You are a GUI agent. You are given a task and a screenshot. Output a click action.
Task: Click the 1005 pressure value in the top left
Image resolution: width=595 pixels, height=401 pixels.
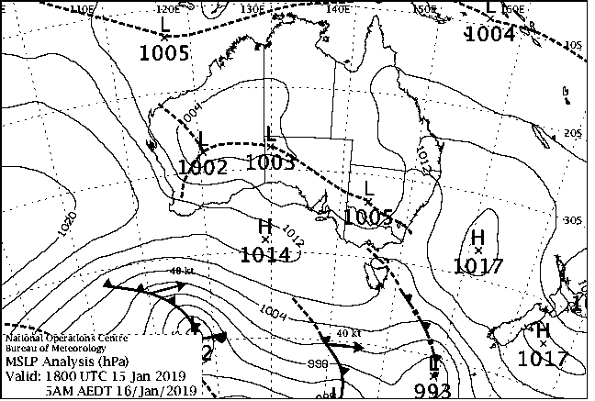pyautogui.click(x=164, y=52)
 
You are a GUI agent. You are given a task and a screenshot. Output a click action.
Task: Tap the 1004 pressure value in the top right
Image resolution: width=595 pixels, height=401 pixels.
pyautogui.click(x=489, y=35)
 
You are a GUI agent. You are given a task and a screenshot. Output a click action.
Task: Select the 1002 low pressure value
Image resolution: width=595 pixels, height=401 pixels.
pyautogui.click(x=202, y=167)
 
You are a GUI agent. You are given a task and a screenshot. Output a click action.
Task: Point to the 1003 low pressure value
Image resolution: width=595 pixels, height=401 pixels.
pyautogui.click(x=271, y=163)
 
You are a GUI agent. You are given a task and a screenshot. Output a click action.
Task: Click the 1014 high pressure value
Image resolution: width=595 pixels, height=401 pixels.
pyautogui.click(x=266, y=254)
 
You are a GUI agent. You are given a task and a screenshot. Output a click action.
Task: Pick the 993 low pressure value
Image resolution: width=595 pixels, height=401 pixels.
pyautogui.click(x=432, y=391)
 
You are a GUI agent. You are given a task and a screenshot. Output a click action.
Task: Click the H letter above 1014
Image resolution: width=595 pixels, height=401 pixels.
pyautogui.click(x=265, y=226)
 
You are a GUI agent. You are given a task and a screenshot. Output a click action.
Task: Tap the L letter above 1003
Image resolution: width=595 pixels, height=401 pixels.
pyautogui.click(x=271, y=135)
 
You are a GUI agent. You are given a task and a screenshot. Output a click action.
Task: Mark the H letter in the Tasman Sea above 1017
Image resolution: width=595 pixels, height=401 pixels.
pyautogui.click(x=477, y=239)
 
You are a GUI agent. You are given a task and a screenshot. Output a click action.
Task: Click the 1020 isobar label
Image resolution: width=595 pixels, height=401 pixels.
pyautogui.click(x=66, y=223)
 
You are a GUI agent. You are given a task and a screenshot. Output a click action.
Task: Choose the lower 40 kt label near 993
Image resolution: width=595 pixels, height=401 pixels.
pyautogui.click(x=347, y=332)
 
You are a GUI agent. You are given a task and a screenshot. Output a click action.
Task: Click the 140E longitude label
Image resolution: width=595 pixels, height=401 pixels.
pyautogui.click(x=340, y=8)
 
